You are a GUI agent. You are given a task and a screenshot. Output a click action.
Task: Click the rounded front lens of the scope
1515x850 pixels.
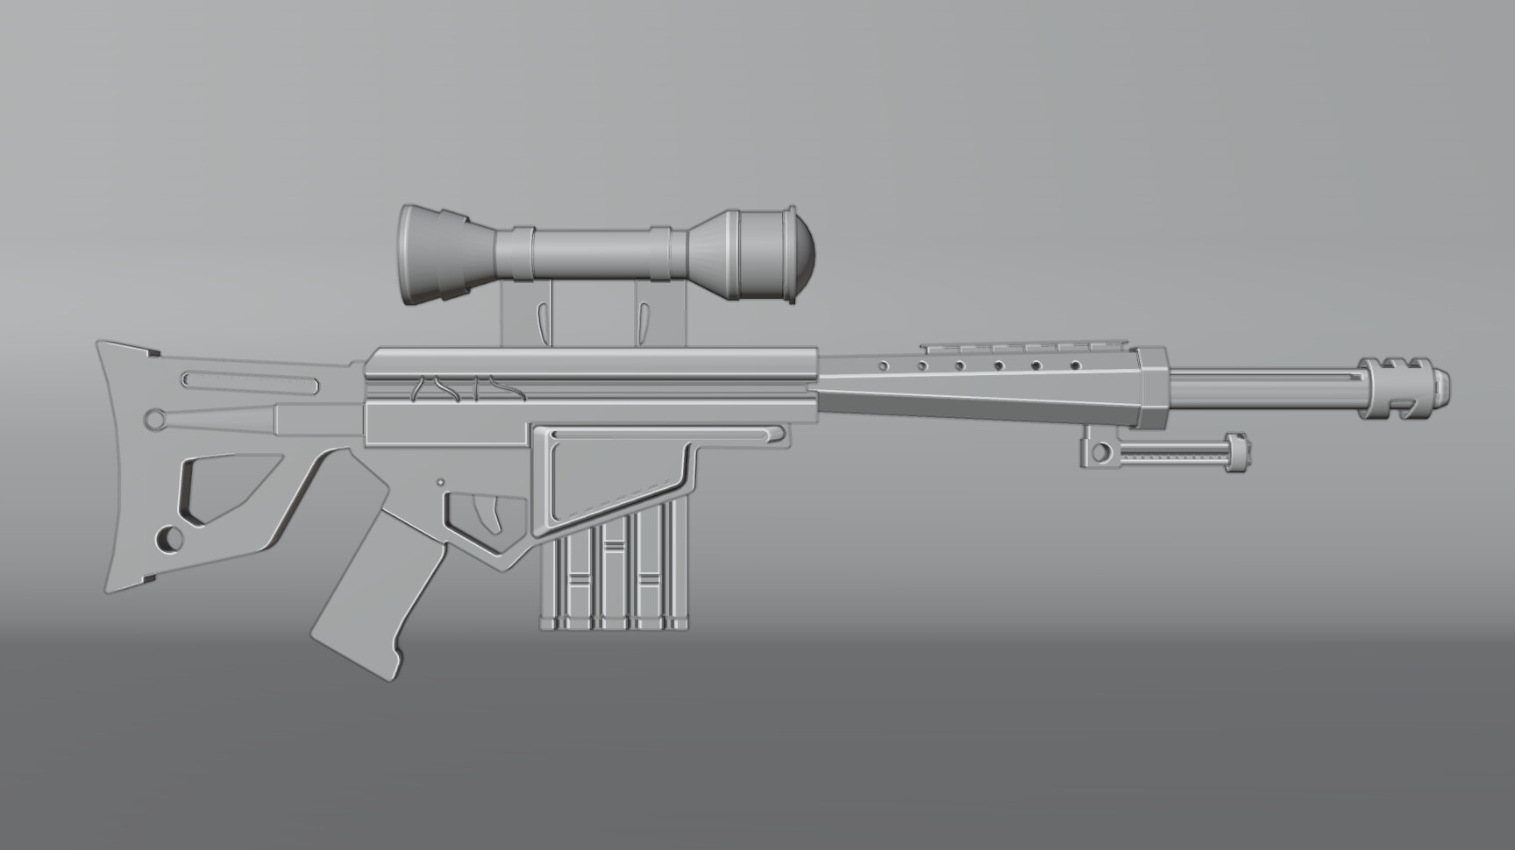[x=800, y=256]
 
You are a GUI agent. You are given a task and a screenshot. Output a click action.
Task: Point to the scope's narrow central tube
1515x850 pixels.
[x=592, y=253]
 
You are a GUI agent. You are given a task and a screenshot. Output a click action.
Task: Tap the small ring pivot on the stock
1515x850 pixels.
[x=156, y=420]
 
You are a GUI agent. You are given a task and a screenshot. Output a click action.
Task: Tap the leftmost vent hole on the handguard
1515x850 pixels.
[x=884, y=364]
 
